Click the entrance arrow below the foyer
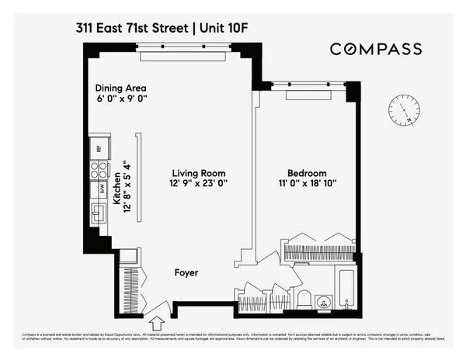[155, 320]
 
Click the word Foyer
[186, 273]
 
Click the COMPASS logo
[376, 49]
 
